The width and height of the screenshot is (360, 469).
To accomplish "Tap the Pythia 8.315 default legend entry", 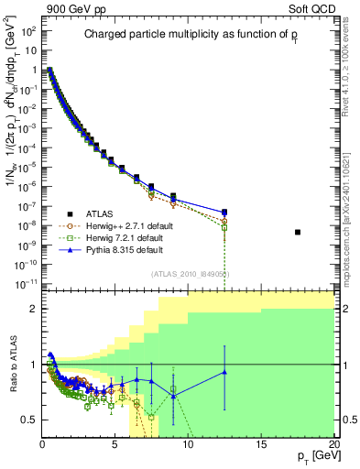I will tap(112, 249).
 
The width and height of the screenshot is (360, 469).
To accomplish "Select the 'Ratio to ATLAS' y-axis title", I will tap(12, 365).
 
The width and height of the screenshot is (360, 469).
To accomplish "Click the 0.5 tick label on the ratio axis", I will tap(29, 420).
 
